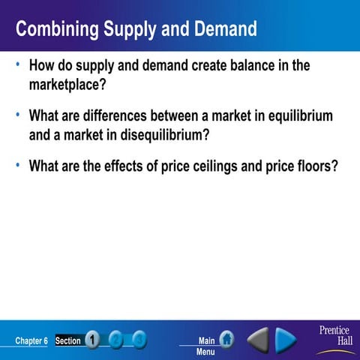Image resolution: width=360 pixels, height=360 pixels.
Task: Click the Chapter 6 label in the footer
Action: tap(31, 341)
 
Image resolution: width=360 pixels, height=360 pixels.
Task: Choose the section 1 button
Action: tap(92, 340)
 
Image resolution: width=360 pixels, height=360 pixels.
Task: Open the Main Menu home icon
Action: tap(226, 340)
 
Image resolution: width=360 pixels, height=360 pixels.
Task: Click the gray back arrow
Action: tap(258, 340)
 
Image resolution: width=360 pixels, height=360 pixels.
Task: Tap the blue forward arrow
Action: tap(286, 340)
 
